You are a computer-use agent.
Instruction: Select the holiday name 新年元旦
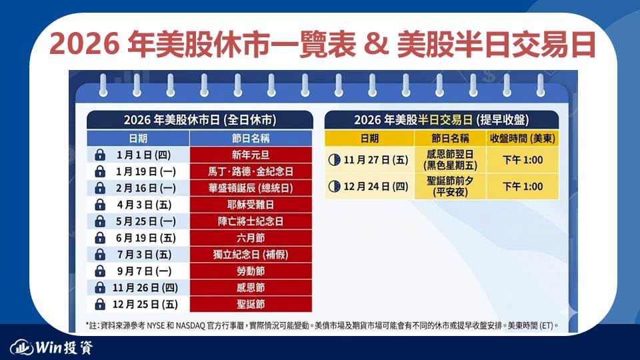(251, 155)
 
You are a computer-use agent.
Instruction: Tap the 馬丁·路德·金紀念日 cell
(251, 171)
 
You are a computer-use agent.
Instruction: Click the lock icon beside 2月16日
(100, 188)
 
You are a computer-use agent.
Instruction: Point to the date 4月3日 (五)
(144, 205)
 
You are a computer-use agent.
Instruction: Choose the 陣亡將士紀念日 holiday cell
(251, 221)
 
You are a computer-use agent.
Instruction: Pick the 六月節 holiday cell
(251, 238)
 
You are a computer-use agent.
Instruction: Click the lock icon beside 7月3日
(100, 255)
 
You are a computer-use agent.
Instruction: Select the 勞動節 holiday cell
(251, 271)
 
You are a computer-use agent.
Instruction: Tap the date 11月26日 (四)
(145, 288)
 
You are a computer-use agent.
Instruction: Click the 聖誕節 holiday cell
(251, 304)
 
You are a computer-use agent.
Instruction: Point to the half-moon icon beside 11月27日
(334, 159)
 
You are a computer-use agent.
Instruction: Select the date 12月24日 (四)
(376, 187)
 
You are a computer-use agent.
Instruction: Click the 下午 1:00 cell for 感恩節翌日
(523, 159)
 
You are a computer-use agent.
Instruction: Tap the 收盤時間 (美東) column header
(523, 139)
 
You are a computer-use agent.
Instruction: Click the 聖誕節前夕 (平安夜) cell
(450, 186)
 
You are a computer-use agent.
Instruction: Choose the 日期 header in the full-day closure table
(138, 139)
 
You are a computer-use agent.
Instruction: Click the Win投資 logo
(52, 347)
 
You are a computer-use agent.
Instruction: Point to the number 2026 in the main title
(84, 44)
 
